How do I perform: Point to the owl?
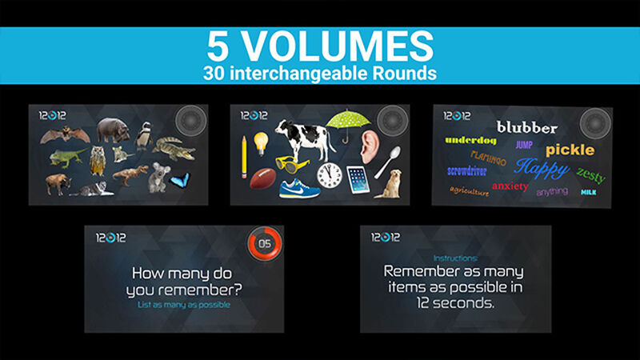98,161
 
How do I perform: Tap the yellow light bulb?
260,142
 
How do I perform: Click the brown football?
262,178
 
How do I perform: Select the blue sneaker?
300,188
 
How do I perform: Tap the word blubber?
526,127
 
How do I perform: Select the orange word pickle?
570,150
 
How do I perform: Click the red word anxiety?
510,186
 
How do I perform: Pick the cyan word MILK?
588,192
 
